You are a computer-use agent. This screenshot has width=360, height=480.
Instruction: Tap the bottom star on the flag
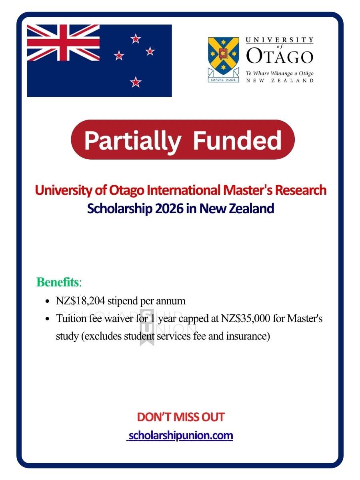pos(136,82)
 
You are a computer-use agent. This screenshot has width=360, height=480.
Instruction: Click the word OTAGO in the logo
pos(279,56)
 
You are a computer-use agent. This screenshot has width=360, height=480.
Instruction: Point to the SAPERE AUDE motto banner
pos(224,79)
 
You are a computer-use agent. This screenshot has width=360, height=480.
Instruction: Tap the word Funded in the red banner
pos(237,140)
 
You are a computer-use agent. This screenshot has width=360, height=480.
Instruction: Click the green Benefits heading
pos(58,282)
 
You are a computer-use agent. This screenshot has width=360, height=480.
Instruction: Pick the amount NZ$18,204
pos(81,301)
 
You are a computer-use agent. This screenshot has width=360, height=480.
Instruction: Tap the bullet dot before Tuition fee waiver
pos(48,320)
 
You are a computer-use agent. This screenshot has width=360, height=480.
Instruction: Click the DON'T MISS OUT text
pos(180,417)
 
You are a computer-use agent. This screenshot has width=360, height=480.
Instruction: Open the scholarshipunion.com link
pos(180,435)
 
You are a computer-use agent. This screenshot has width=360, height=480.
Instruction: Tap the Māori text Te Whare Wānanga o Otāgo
pos(279,73)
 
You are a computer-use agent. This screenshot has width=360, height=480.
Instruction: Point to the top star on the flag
pos(136,38)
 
